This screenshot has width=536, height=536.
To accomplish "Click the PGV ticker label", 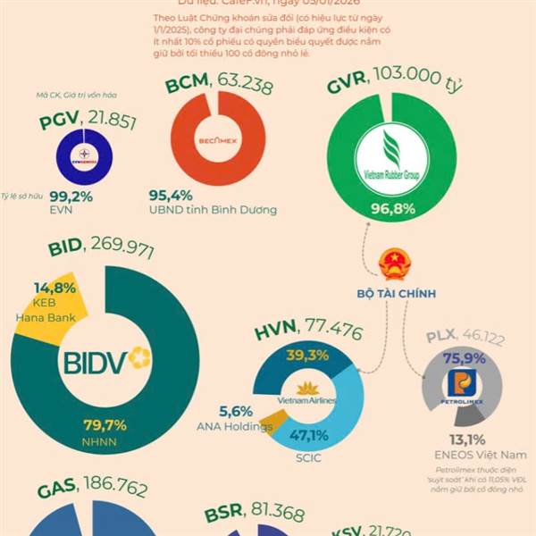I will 60,122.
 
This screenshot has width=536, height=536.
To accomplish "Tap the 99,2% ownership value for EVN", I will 71,197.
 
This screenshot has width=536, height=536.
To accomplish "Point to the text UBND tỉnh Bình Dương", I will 213,210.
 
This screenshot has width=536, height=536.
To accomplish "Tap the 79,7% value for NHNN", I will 105,424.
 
